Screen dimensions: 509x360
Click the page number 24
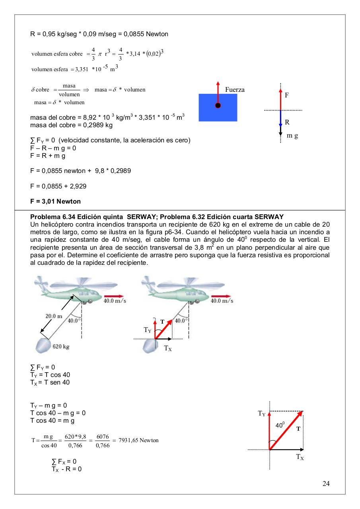(x=326, y=484)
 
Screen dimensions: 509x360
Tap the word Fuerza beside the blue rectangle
(x=235, y=90)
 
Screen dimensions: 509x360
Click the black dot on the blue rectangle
(x=218, y=105)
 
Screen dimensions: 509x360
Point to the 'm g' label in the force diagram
(x=292, y=136)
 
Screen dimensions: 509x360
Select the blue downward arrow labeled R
(x=280, y=119)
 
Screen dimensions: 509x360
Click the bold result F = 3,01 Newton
(x=55, y=201)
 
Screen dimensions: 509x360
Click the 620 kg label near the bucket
(x=61, y=346)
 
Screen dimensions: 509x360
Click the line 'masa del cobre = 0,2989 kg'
(x=71, y=125)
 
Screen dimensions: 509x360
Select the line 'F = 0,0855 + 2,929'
(x=58, y=186)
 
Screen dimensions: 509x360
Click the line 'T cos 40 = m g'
(x=53, y=420)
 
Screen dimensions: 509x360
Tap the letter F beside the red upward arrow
(x=287, y=95)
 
